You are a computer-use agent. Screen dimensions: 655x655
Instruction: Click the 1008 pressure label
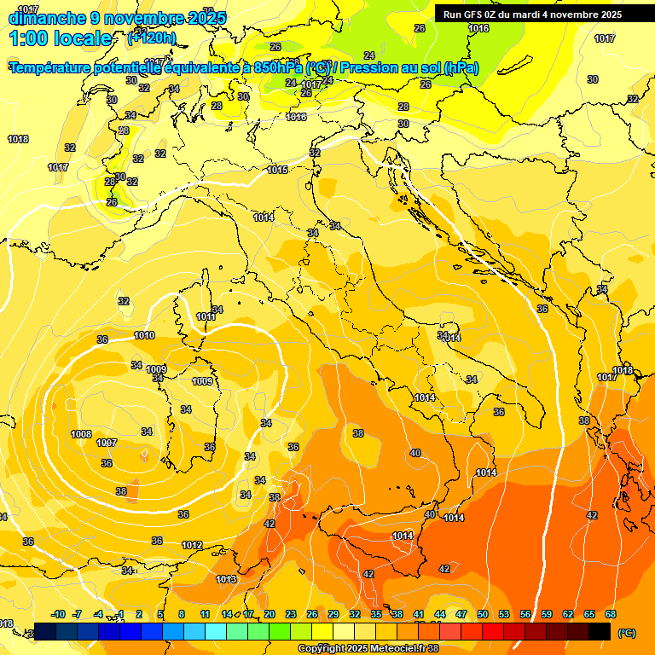pyautogui.click(x=81, y=434)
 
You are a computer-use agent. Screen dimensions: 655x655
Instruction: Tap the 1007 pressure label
pyautogui.click(x=107, y=443)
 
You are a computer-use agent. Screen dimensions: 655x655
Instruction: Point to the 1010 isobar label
pyautogui.click(x=144, y=335)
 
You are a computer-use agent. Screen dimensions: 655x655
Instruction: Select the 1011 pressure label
pyautogui.click(x=206, y=316)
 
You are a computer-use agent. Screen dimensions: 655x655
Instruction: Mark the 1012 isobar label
pyautogui.click(x=192, y=545)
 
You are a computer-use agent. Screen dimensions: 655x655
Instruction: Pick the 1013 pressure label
pyautogui.click(x=226, y=579)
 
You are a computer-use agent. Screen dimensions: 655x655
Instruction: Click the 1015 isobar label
pyautogui.click(x=277, y=170)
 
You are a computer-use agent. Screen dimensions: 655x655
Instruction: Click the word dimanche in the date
pyautogui.click(x=48, y=18)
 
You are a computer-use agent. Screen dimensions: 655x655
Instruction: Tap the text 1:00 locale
pyautogui.click(x=61, y=38)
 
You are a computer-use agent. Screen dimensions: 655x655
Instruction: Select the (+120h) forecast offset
pyautogui.click(x=151, y=38)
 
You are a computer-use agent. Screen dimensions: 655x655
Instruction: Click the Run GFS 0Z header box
pyautogui.click(x=532, y=14)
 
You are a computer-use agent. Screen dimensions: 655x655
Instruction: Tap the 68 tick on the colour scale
pyautogui.click(x=611, y=614)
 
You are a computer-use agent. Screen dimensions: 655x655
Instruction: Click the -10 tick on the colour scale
pyautogui.click(x=58, y=614)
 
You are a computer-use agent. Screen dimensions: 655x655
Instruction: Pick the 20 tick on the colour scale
pyautogui.click(x=269, y=614)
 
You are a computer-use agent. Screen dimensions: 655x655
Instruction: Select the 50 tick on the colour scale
pyautogui.click(x=483, y=614)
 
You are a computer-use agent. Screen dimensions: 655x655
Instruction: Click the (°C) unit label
pyautogui.click(x=626, y=633)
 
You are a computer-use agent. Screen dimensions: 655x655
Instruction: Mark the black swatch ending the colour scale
pyautogui.click(x=600, y=631)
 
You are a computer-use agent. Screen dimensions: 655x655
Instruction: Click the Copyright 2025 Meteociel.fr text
pyautogui.click(x=362, y=649)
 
